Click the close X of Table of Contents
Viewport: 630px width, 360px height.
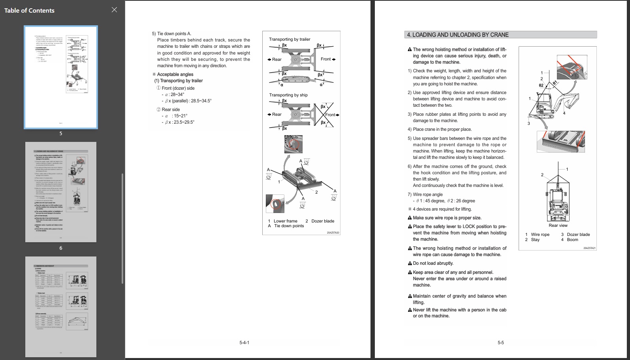point(114,10)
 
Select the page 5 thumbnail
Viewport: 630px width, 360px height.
point(61,77)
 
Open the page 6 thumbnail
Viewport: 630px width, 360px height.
point(61,192)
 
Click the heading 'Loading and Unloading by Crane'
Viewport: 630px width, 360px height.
point(458,35)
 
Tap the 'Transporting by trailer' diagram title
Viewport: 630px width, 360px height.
point(290,40)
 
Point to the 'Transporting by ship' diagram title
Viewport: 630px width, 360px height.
point(288,95)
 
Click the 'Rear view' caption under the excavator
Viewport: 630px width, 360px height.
point(558,226)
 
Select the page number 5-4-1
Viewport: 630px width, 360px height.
point(244,343)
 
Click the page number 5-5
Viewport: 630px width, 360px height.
point(500,343)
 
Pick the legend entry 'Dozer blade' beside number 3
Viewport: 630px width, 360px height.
point(578,235)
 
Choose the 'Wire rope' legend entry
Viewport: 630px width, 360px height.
point(540,235)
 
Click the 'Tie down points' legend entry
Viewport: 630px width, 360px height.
point(289,226)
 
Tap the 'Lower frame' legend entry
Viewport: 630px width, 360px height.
point(285,221)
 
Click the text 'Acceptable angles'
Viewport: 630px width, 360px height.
point(175,74)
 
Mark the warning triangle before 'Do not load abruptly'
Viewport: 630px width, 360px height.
point(410,264)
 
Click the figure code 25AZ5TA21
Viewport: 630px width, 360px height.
point(589,248)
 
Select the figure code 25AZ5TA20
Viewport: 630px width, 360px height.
point(333,233)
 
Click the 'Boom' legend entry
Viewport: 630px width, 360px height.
point(572,240)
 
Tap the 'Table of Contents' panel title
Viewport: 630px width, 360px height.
point(29,11)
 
